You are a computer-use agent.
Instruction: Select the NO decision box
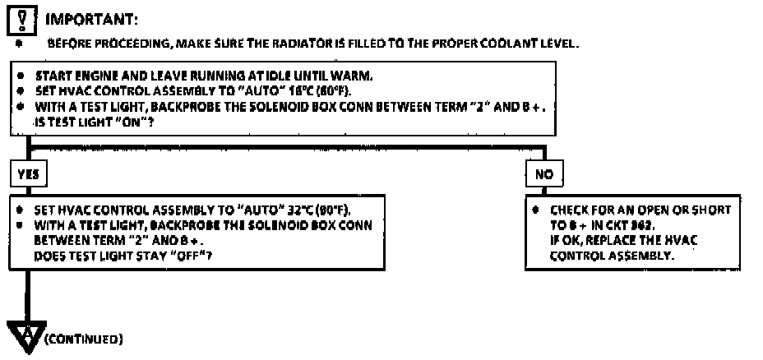[x=543, y=174]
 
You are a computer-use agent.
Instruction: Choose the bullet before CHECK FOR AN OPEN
[x=535, y=210]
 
